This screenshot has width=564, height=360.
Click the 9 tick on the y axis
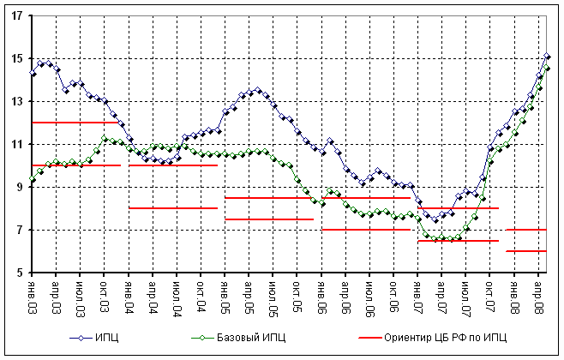coord(19,187)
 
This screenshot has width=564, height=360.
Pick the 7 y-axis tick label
coord(19,230)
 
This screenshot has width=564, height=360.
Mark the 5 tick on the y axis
coord(19,273)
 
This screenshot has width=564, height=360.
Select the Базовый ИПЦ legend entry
coord(236,339)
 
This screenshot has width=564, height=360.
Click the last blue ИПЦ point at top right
coord(547,56)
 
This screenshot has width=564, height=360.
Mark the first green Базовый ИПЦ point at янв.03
coord(33,179)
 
